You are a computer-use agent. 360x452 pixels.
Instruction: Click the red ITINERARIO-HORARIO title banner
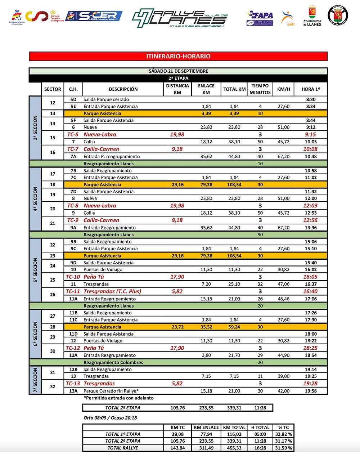tap(178, 56)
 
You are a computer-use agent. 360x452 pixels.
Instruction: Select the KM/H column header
tap(284, 89)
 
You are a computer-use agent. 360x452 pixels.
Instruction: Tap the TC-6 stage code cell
tap(73, 134)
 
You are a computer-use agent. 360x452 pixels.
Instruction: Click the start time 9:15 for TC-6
tap(310, 134)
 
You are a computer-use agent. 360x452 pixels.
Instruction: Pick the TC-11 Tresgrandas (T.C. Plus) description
tap(112, 291)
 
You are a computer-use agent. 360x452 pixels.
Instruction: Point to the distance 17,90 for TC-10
tap(177, 277)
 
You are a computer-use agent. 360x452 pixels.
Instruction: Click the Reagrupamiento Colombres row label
tap(113, 362)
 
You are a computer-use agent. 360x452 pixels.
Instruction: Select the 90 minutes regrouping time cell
tap(260, 234)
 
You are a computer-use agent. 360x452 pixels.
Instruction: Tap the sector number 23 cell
tap(53, 256)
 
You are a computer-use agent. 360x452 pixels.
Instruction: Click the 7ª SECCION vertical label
tap(35, 380)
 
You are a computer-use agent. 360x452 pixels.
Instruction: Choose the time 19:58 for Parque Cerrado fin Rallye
tap(310, 391)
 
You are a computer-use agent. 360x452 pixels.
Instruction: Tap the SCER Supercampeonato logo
tap(94, 16)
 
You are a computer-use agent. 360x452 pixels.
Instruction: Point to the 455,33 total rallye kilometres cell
tap(234, 448)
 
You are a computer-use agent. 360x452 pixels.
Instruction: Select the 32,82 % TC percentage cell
tap(283, 434)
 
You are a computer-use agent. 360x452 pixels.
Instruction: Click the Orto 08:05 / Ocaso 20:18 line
tap(110, 418)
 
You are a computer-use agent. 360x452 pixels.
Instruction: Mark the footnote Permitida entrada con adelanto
tap(118, 398)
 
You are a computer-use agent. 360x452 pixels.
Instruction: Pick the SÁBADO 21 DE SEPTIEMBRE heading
tap(178, 71)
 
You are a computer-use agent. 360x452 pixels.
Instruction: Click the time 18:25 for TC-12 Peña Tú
tap(310, 348)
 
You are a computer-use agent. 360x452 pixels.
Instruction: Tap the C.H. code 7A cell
tap(73, 156)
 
